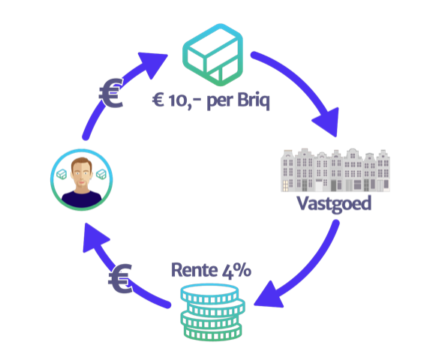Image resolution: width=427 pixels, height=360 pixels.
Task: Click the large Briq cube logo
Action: point(212,55)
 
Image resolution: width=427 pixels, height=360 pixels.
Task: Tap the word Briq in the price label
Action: point(254,101)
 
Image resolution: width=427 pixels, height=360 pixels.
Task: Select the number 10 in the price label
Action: point(177,100)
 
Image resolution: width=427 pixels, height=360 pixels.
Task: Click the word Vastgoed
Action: point(334,204)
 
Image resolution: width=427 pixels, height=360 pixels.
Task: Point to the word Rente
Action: point(194,270)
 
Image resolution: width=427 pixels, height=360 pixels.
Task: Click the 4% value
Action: point(236,271)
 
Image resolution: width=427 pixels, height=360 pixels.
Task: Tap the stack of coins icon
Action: point(212,312)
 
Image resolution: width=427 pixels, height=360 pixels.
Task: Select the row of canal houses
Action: point(335,170)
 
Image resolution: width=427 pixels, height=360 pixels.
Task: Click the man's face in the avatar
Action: point(82,172)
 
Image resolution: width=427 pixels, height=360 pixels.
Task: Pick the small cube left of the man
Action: point(62,174)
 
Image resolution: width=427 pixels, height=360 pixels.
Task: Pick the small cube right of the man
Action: point(101,174)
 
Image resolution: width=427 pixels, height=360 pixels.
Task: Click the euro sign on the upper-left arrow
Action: point(111,93)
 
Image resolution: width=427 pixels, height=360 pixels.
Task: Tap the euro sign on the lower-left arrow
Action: point(120,279)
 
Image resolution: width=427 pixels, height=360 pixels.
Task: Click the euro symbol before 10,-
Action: point(158,100)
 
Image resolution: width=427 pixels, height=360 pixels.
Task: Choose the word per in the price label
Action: point(220,102)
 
